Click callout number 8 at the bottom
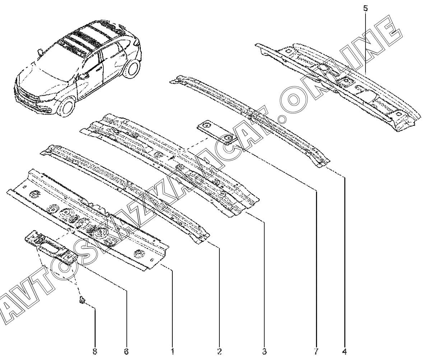[x=95, y=351]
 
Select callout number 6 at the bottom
[x=126, y=351]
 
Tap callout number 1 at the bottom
[x=172, y=351]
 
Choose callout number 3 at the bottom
[x=264, y=351]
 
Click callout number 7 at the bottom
[x=316, y=351]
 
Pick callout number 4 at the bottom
[x=345, y=351]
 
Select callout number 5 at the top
[x=365, y=8]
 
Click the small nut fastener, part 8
[x=82, y=300]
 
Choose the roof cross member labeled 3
[x=169, y=162]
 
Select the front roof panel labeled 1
[x=90, y=219]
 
